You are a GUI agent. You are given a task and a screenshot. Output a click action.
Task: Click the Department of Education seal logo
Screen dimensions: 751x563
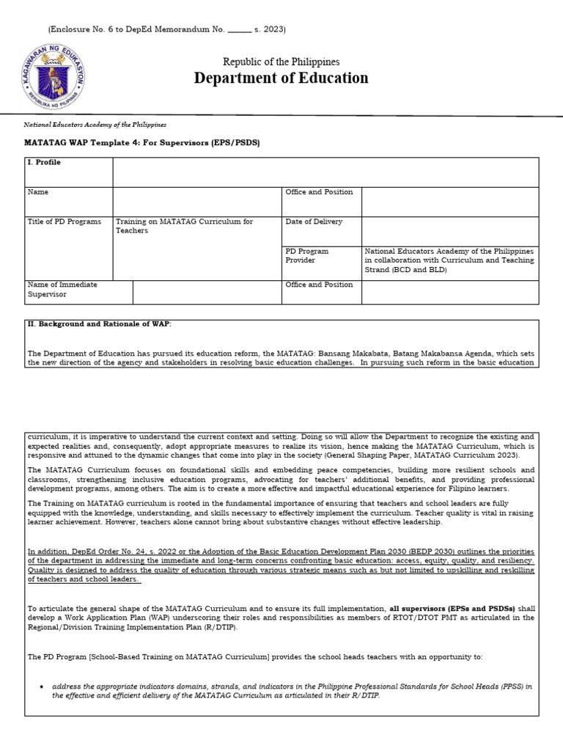click(53, 76)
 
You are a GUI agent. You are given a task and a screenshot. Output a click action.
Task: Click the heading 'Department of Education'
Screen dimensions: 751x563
click(281, 78)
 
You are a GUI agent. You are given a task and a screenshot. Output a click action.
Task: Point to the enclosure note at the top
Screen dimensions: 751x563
click(166, 29)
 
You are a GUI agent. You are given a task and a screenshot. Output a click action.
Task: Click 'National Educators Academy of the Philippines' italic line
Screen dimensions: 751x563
click(95, 125)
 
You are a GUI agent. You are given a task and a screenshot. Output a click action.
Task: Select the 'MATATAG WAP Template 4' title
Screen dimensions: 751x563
click(142, 142)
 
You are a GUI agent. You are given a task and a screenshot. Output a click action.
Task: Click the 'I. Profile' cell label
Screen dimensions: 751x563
click(44, 163)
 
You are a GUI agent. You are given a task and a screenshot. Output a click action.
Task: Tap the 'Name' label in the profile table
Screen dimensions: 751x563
click(38, 192)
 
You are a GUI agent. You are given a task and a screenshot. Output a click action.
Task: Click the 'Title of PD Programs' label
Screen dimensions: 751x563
click(65, 221)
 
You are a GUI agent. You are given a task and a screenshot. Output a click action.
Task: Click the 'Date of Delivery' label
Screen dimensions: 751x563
click(314, 221)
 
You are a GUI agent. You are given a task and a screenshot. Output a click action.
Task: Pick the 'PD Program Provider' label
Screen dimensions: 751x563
click(307, 255)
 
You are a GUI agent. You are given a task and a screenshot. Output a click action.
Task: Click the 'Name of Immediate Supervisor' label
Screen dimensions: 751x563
click(62, 289)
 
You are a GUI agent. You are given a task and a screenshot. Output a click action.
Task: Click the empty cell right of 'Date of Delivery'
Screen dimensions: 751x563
click(449, 230)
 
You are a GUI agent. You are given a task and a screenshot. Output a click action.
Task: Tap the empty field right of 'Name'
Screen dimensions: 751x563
click(196, 200)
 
